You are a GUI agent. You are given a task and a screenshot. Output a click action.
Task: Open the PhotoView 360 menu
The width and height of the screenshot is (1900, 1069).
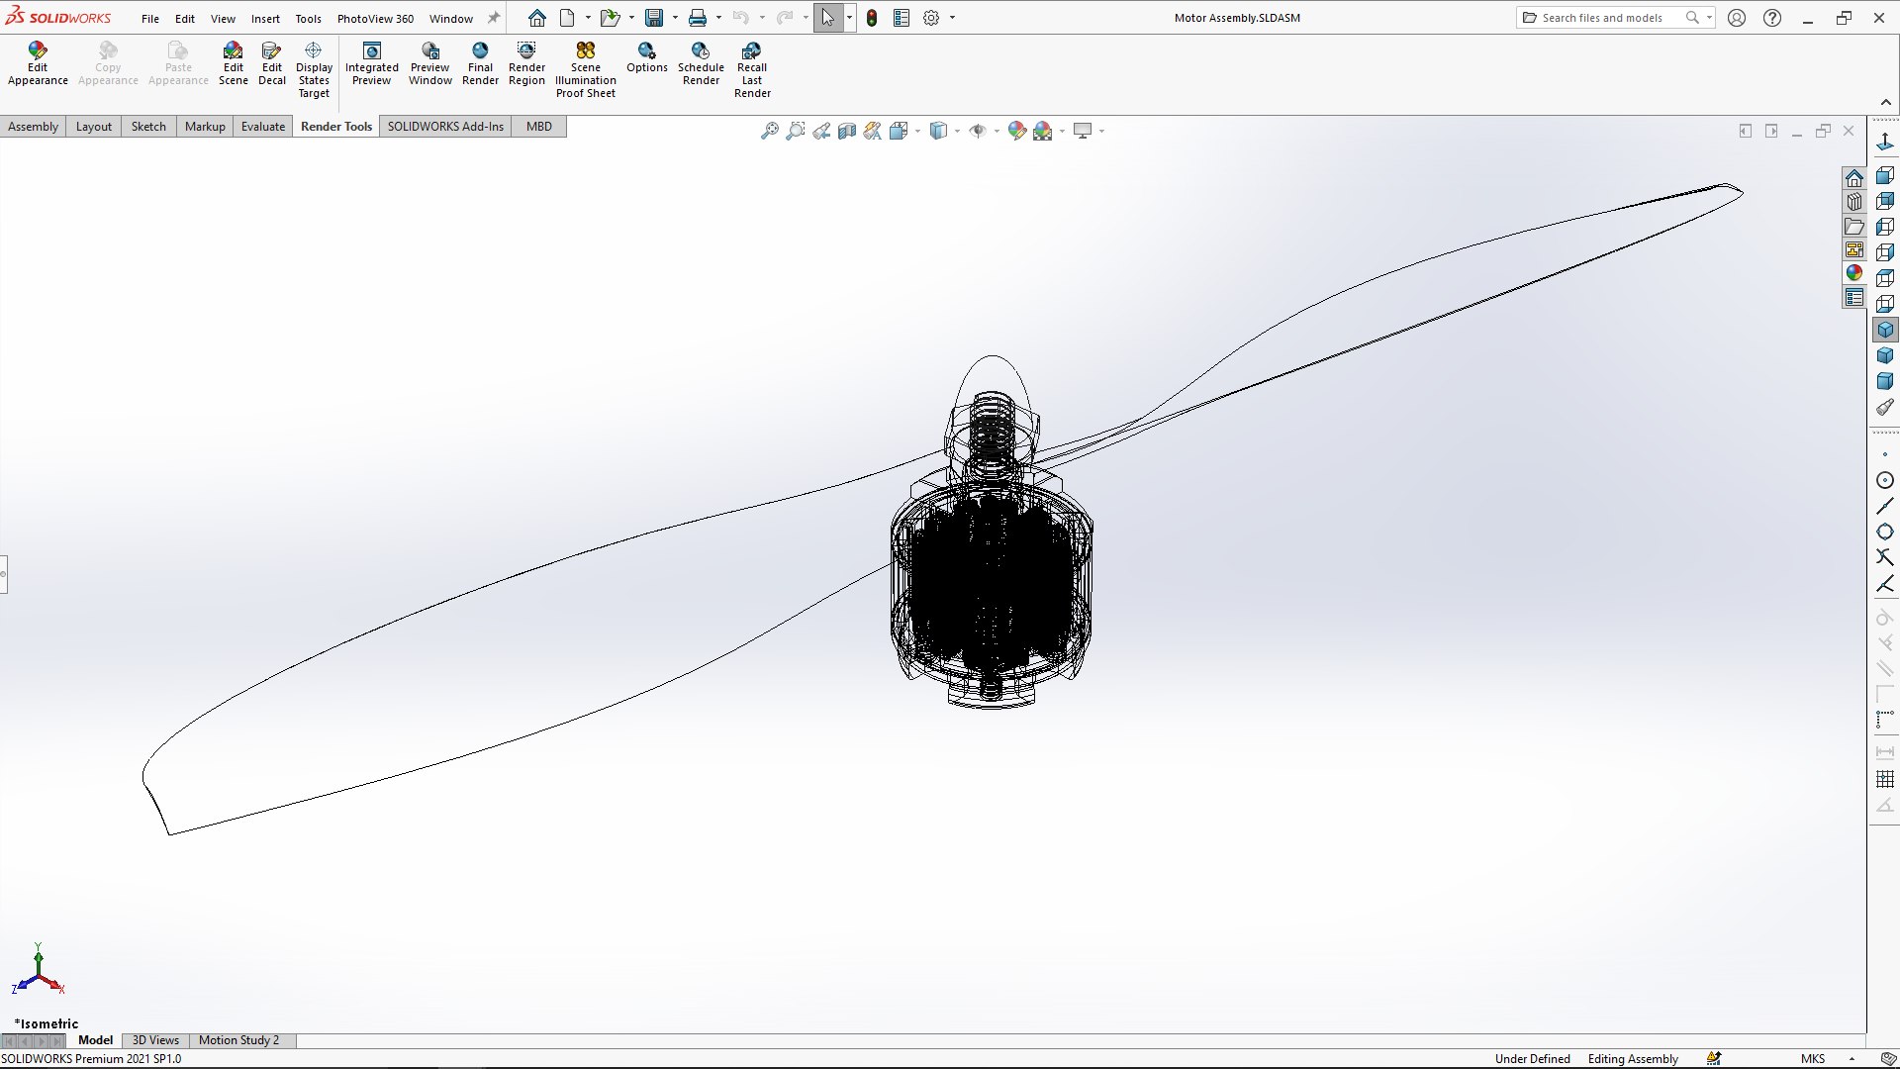click(375, 19)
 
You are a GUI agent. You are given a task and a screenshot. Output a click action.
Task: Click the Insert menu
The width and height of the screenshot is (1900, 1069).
click(265, 19)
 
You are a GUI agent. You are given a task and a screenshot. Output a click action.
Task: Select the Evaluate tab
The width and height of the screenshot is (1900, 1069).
click(263, 127)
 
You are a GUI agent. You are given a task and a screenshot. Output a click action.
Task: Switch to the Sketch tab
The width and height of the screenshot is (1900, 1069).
click(148, 127)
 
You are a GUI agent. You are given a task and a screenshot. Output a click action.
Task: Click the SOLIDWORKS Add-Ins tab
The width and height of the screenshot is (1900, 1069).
click(445, 127)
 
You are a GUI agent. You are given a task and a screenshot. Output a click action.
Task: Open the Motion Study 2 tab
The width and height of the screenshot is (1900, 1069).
click(238, 1040)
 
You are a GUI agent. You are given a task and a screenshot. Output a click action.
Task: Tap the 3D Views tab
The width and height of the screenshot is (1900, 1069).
click(155, 1040)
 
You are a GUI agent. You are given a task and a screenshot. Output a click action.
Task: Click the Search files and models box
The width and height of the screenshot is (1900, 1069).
click(1603, 18)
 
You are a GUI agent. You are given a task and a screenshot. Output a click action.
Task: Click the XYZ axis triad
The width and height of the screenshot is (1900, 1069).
click(38, 975)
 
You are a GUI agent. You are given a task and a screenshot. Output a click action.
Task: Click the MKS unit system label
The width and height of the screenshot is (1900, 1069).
click(1813, 1059)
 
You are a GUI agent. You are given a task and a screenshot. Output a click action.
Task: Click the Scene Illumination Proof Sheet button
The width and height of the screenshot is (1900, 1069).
click(585, 69)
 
